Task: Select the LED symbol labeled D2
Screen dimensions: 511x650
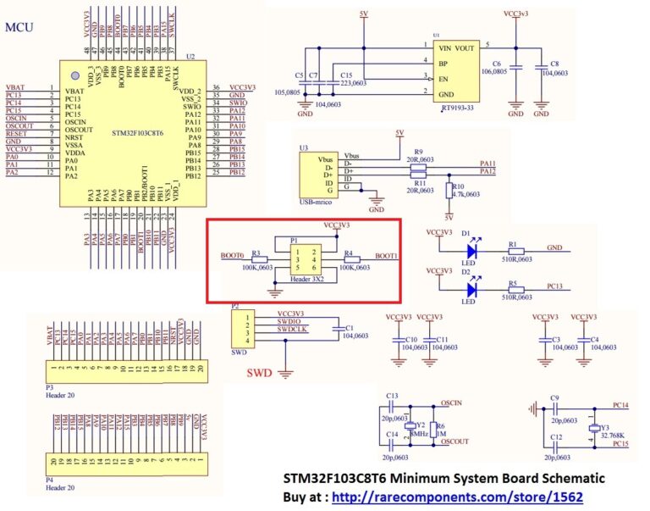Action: pos(471,289)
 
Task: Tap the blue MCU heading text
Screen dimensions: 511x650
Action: pos(19,27)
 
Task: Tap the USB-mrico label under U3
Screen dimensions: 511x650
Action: pos(315,203)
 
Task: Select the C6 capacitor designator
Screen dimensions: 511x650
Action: pos(497,64)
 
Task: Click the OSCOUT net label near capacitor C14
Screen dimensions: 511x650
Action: pos(454,442)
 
